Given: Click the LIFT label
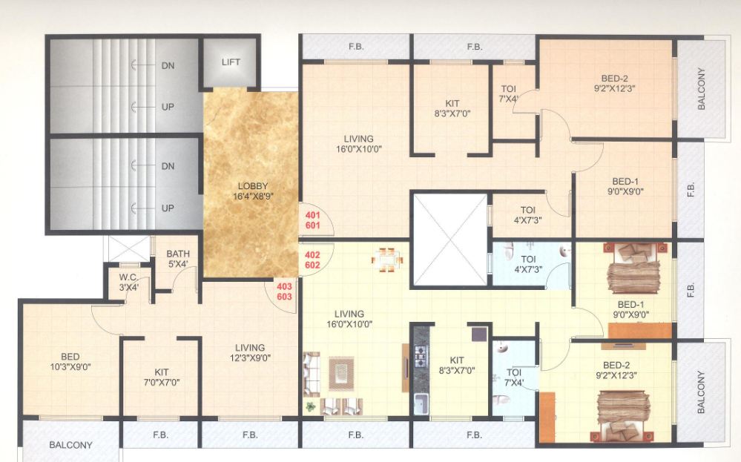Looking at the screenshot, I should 231,62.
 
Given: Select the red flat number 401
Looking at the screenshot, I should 312,216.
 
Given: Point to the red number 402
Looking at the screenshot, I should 312,254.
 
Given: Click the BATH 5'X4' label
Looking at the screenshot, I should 178,258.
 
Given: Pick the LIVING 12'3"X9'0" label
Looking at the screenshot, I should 250,352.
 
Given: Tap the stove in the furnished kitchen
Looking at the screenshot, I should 421,356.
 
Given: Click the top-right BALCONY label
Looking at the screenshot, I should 702,89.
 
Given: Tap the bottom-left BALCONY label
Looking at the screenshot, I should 70,446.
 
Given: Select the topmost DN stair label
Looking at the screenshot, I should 168,65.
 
